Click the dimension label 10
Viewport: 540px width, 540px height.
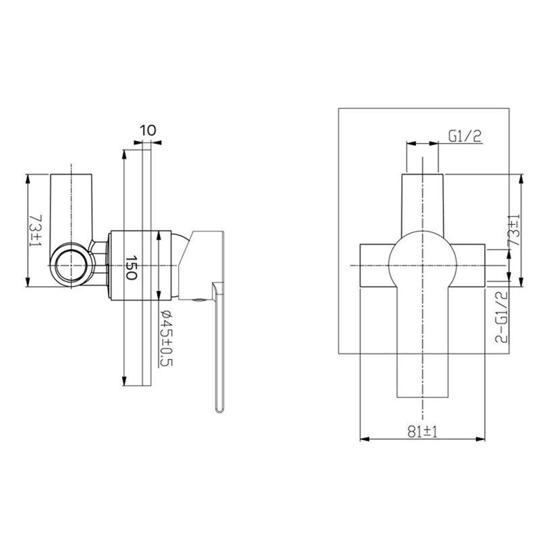148,130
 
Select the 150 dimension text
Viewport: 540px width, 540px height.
132,267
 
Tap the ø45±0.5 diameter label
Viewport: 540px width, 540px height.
167,338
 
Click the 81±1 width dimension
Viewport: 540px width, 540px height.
423,431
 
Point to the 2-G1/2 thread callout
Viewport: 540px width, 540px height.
502,317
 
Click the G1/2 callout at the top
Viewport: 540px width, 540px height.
464,136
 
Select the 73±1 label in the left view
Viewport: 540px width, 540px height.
36,230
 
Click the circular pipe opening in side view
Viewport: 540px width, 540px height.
72,265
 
